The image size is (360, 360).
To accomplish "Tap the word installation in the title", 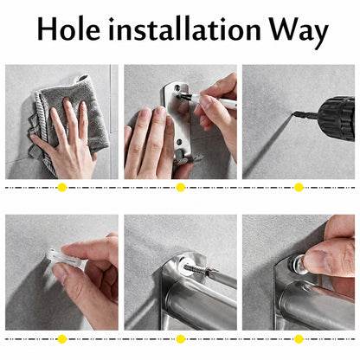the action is pyautogui.click(x=184, y=29).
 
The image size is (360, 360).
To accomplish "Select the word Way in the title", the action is pyautogui.click(x=299, y=33).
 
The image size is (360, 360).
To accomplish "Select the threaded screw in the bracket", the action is pyautogui.click(x=200, y=269).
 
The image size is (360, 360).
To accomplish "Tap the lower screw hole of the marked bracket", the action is pyautogui.click(x=179, y=142).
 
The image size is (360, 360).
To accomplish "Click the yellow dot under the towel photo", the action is pyautogui.click(x=62, y=188).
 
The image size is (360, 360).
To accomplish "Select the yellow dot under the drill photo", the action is pyautogui.click(x=299, y=188).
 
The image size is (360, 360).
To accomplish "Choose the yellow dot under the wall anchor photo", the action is pyautogui.click(x=62, y=339).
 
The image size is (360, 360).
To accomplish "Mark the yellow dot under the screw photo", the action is pyautogui.click(x=180, y=339).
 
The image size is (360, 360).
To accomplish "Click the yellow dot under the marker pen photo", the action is pyautogui.click(x=180, y=188).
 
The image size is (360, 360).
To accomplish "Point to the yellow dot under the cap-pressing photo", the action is pyautogui.click(x=299, y=339).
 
